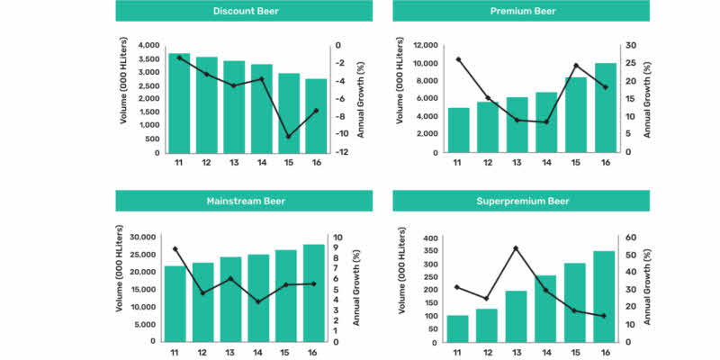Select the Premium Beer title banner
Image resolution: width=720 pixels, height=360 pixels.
tap(521, 11)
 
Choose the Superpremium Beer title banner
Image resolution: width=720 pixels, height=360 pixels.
tap(521, 201)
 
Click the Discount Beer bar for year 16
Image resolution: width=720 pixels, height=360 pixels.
tap(316, 116)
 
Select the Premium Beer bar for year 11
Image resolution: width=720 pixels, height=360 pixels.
tap(458, 130)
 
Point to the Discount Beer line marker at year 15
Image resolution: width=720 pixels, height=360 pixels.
tap(288, 137)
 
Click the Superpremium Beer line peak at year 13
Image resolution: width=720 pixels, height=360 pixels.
tap(516, 247)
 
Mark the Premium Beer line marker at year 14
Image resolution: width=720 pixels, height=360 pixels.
tap(545, 121)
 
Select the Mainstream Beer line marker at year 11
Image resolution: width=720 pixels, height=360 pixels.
tap(175, 248)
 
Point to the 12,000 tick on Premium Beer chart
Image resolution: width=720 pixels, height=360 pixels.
tap(424, 45)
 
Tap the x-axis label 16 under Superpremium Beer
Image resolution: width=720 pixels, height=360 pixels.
tap(603, 354)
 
